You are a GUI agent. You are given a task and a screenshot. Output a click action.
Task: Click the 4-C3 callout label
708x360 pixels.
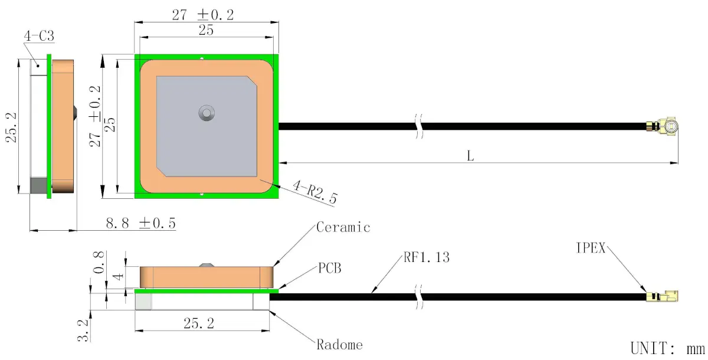point(39,36)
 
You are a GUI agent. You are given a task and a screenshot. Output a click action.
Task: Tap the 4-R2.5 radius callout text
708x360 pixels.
point(315,192)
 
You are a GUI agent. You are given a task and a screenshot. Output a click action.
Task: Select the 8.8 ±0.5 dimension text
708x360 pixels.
point(140,223)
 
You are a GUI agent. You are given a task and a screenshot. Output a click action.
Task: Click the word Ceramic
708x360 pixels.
point(343,227)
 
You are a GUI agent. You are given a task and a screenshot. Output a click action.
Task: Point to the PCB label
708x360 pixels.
point(330,268)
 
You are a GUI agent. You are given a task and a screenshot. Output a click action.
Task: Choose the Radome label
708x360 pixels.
point(339,345)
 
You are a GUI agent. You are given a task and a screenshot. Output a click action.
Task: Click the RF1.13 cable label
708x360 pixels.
point(427,257)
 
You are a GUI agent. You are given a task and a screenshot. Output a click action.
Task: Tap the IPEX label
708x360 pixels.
point(591,248)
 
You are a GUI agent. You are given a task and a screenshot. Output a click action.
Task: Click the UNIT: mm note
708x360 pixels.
point(667,349)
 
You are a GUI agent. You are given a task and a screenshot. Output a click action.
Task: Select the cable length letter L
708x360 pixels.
point(470,156)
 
